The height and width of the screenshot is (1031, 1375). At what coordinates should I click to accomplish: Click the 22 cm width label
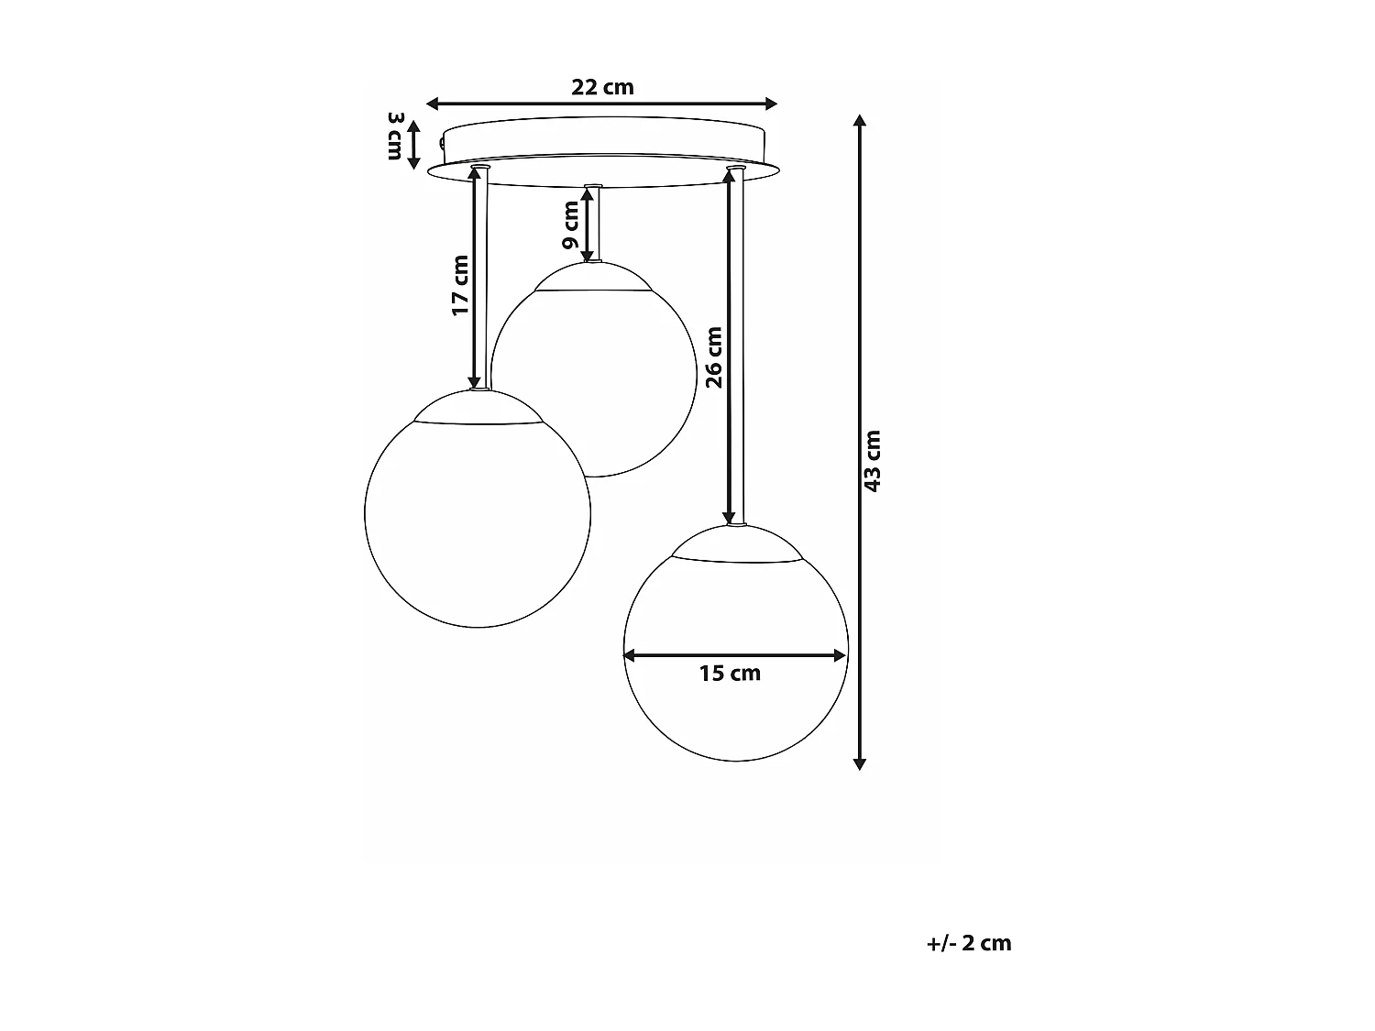tap(602, 87)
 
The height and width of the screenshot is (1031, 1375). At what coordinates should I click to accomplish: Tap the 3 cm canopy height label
tap(395, 136)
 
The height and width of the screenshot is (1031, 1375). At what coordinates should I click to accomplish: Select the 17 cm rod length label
tap(460, 285)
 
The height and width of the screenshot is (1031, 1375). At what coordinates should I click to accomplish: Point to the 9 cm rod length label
tap(571, 225)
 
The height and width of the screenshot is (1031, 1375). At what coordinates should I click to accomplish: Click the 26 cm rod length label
tap(714, 356)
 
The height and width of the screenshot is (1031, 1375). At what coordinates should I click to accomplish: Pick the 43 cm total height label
tap(873, 461)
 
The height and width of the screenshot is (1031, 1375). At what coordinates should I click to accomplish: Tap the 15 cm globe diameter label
tap(730, 674)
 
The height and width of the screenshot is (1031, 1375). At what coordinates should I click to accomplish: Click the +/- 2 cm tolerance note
tap(969, 943)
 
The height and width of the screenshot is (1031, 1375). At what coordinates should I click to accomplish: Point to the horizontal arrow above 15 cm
tap(734, 654)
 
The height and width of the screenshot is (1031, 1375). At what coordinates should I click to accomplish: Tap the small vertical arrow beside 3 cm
tap(413, 145)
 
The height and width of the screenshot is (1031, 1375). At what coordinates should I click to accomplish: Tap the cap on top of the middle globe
tap(594, 276)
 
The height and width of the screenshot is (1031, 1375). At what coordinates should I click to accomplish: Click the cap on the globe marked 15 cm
tap(736, 543)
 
